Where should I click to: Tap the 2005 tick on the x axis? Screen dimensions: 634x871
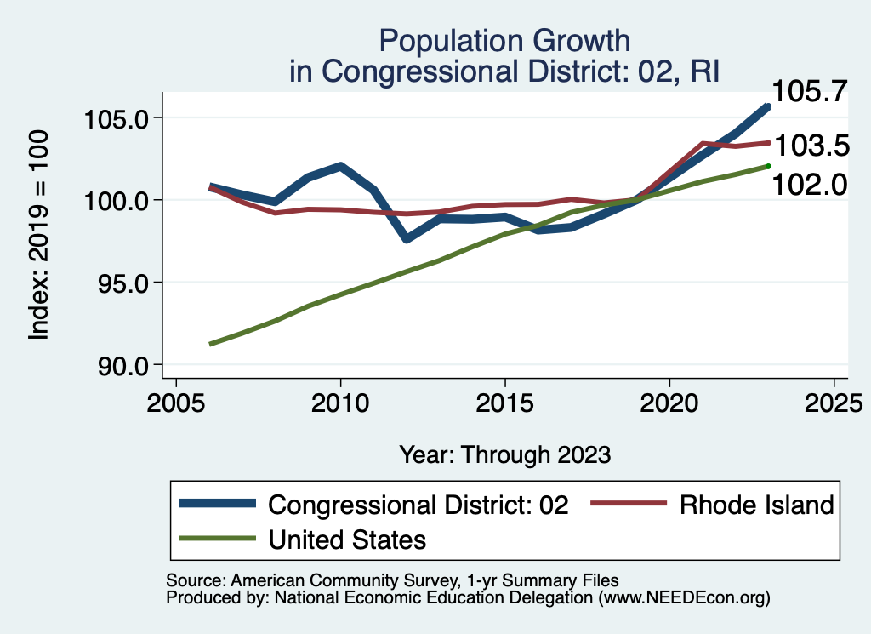tap(175, 403)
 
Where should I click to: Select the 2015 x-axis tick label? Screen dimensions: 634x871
tap(505, 403)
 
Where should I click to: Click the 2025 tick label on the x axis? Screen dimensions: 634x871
tap(834, 403)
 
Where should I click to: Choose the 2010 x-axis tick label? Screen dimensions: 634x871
tap(340, 403)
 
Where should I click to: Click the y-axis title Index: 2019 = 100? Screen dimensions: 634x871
tap(40, 236)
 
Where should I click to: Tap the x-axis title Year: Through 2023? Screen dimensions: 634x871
tap(504, 454)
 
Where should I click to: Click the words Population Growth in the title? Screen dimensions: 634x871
tap(504, 40)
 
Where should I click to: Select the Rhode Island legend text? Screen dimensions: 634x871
tap(756, 505)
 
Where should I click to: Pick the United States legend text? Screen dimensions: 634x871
tap(347, 539)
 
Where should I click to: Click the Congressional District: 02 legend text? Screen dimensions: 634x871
tap(418, 505)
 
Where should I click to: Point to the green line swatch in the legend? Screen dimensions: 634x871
tap(218, 539)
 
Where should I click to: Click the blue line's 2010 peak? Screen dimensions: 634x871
tap(340, 166)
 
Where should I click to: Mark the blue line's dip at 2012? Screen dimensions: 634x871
tap(407, 239)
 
